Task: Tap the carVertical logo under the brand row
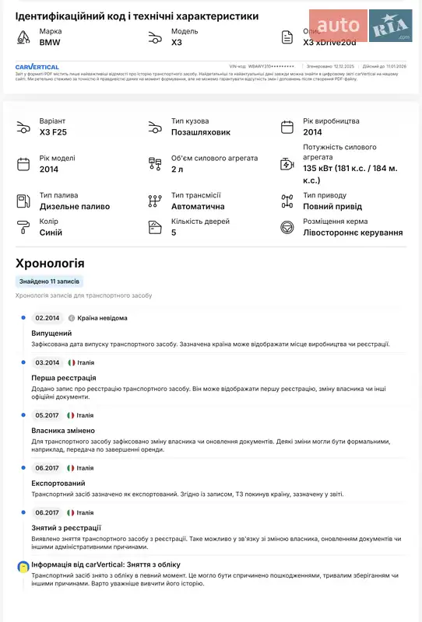37,67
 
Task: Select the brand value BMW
50,42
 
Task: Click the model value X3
177,42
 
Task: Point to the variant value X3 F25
53,132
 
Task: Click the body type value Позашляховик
201,132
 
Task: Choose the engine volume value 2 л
178,169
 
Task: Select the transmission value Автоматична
198,206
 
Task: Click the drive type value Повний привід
332,206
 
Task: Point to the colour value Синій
51,232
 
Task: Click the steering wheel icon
287,227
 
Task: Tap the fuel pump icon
23,201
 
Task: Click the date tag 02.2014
47,318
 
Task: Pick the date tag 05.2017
47,415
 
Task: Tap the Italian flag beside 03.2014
72,362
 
